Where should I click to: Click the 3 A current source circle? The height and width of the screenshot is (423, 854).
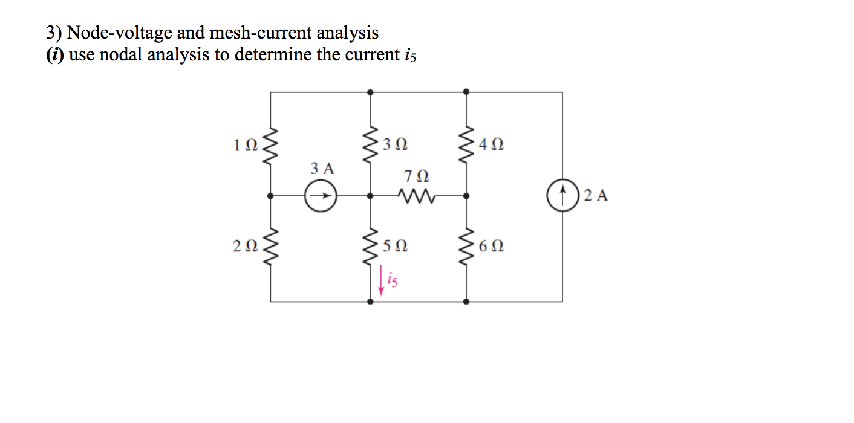321,196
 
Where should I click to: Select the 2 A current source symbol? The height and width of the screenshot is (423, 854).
562,196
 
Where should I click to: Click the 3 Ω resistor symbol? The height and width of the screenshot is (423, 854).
370,145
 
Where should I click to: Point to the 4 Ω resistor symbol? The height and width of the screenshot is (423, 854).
466,145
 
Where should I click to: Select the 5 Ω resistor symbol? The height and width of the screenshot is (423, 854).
370,246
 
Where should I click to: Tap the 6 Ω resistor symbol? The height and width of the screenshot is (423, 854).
466,246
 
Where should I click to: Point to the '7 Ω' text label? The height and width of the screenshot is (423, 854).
416,177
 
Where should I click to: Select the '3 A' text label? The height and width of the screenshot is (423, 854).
322,169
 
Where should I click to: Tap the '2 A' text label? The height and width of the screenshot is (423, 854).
596,196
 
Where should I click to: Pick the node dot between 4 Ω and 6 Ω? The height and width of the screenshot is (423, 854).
466,196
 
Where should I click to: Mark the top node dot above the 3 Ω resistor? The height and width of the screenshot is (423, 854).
370,92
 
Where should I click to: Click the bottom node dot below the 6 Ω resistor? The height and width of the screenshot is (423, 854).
466,301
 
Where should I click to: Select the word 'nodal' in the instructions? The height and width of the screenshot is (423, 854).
119,55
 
